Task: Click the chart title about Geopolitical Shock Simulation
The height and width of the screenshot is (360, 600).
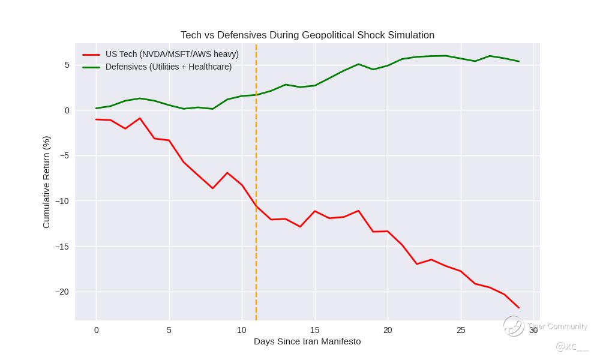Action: tap(307, 35)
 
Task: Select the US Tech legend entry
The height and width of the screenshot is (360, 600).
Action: tap(172, 54)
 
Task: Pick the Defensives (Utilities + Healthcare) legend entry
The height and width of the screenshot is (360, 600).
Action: tap(168, 67)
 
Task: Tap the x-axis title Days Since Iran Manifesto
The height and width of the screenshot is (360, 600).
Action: tap(307, 341)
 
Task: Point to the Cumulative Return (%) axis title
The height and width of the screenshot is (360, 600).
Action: tap(46, 182)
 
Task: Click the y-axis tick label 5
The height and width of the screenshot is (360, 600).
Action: tap(67, 65)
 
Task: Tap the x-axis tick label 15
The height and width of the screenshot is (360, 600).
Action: tap(314, 330)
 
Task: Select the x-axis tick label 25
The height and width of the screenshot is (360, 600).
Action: tap(460, 330)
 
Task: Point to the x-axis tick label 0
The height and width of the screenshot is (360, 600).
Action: tap(96, 330)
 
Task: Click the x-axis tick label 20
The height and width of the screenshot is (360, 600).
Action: tap(388, 330)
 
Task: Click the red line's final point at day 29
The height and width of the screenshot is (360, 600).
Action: tap(518, 308)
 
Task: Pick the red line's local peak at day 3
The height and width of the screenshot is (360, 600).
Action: tap(140, 118)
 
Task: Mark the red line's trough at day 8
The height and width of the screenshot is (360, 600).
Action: tap(212, 188)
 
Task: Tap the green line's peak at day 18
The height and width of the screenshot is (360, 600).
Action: tap(358, 64)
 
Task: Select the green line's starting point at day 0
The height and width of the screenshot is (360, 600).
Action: tap(96, 109)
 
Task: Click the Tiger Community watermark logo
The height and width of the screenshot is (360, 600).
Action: tap(514, 326)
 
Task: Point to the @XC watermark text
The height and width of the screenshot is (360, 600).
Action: tap(571, 346)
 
